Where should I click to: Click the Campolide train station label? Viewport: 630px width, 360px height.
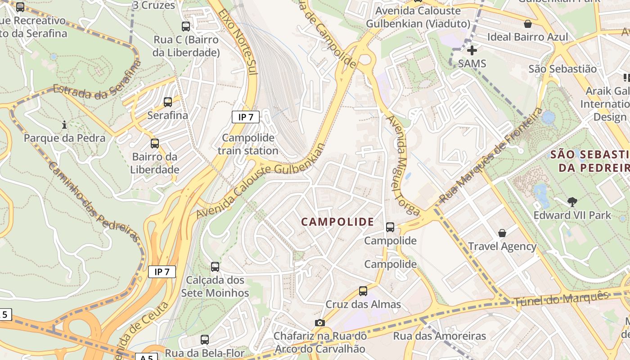click(248, 144)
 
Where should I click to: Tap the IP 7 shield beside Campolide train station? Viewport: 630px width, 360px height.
click(246, 117)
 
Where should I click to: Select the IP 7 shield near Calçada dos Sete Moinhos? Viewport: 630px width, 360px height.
click(162, 272)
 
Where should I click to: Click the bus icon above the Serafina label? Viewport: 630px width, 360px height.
click(168, 102)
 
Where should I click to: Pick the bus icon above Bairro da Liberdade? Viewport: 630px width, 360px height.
click(155, 144)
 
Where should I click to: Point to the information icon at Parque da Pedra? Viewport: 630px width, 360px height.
click(64, 125)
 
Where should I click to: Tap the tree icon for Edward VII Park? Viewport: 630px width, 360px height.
click(572, 202)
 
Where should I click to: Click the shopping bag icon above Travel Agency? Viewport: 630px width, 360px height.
click(502, 233)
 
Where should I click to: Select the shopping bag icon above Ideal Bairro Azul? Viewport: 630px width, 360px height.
click(527, 24)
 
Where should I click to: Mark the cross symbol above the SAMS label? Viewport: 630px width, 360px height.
click(472, 50)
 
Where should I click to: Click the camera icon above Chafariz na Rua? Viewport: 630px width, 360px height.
click(319, 323)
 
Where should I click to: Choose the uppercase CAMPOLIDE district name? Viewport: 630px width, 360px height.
click(337, 221)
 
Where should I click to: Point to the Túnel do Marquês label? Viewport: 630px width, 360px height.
click(561, 298)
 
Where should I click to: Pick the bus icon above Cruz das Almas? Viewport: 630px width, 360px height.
click(363, 291)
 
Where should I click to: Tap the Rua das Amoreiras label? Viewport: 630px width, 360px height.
click(439, 336)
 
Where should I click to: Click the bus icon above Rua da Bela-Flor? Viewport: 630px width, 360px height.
click(205, 340)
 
